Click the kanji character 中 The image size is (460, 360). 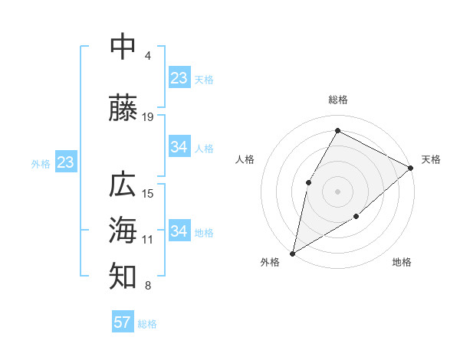tap(123, 47)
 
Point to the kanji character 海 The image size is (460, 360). tap(123, 230)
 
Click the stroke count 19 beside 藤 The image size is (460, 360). tap(148, 116)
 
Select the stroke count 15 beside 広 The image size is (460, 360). tap(148, 193)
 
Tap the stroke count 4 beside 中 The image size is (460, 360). tap(147, 56)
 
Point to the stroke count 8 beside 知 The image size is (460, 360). tap(147, 286)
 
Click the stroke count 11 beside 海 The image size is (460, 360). tap(148, 240)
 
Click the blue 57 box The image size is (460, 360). tap(123, 322)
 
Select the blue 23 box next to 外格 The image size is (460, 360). tap(65, 162)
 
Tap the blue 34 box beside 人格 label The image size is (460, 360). tap(179, 147)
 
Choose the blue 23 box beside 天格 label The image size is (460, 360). tap(179, 77)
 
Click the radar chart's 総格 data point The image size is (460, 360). tap(337, 130)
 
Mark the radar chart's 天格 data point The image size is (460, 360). tap(411, 168)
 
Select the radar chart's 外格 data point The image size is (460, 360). tap(292, 253)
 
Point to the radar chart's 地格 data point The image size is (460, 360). tap(356, 217)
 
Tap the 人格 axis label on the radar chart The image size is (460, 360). tap(245, 159)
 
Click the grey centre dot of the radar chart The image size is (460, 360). tap(337, 191)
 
